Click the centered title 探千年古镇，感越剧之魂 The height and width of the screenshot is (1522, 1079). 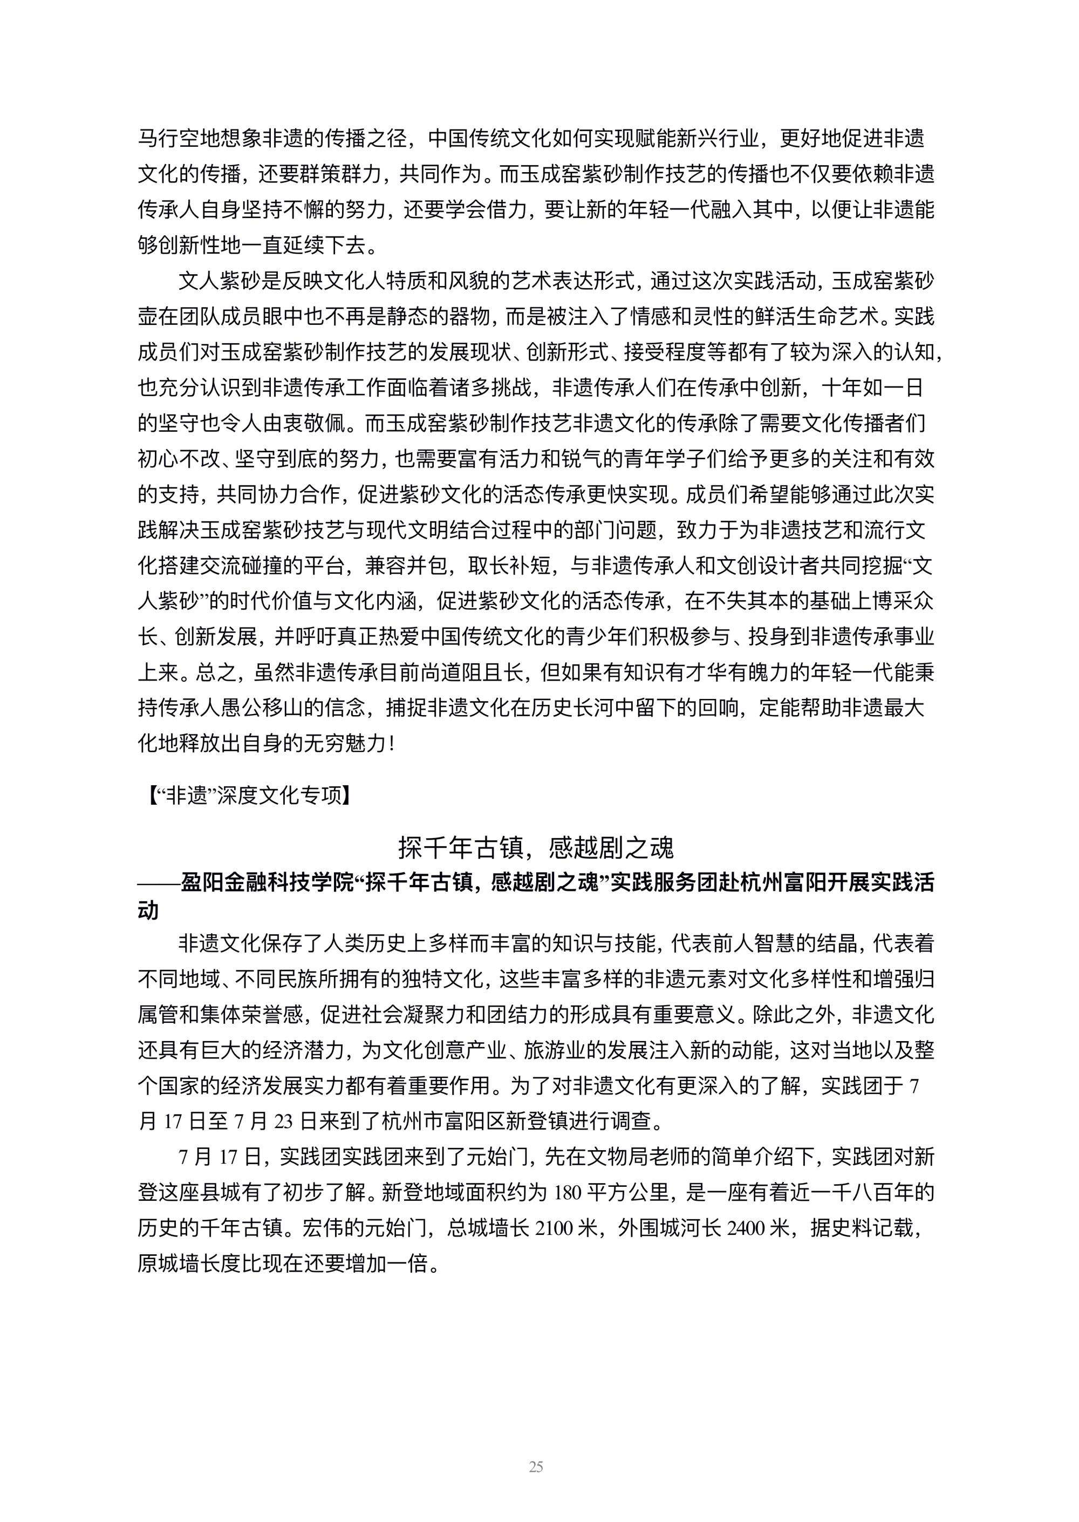coord(536,847)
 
